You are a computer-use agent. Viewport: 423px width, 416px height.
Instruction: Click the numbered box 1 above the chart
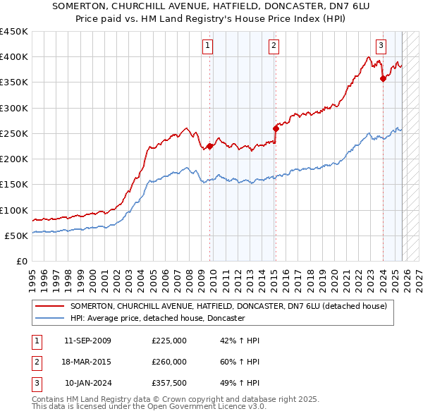[209, 47]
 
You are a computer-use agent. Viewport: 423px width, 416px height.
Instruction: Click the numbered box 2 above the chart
[274, 47]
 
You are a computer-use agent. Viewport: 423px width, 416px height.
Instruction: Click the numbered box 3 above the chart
[381, 47]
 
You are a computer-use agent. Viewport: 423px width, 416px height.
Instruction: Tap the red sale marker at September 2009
[209, 147]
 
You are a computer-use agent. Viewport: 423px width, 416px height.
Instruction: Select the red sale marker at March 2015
[276, 128]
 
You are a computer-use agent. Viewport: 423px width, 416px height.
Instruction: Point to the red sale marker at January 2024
[383, 79]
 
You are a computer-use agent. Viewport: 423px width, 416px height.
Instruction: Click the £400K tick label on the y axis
[14, 57]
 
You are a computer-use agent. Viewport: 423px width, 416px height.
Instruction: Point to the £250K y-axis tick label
[14, 133]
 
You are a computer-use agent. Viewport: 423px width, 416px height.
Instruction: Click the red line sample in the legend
[50, 307]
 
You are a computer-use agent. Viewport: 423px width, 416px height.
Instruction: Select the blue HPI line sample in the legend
[50, 319]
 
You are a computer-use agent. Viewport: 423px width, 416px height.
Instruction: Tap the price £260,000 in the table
[168, 362]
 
